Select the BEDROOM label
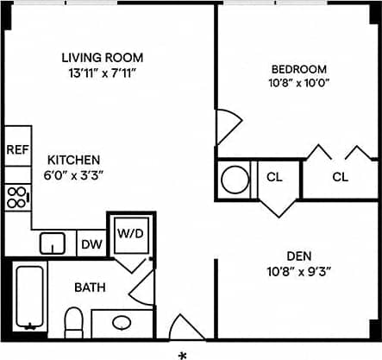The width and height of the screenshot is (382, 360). (x=298, y=69)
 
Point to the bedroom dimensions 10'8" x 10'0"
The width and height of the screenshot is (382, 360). (x=298, y=84)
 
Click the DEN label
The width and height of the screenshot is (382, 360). (x=299, y=256)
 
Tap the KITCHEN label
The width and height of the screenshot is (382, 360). (x=73, y=160)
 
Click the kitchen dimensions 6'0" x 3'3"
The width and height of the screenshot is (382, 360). (x=73, y=174)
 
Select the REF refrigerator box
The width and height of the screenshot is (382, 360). (x=17, y=149)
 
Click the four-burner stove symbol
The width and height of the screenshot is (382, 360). (x=16, y=198)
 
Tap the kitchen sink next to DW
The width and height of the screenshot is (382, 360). (x=53, y=243)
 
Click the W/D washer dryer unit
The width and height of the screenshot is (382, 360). (x=130, y=233)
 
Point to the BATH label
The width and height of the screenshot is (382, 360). (x=89, y=287)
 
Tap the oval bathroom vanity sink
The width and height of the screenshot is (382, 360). (x=122, y=323)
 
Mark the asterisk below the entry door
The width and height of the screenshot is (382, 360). (x=183, y=354)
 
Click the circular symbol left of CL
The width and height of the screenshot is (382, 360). (x=235, y=179)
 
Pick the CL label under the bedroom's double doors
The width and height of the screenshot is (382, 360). (x=340, y=178)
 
